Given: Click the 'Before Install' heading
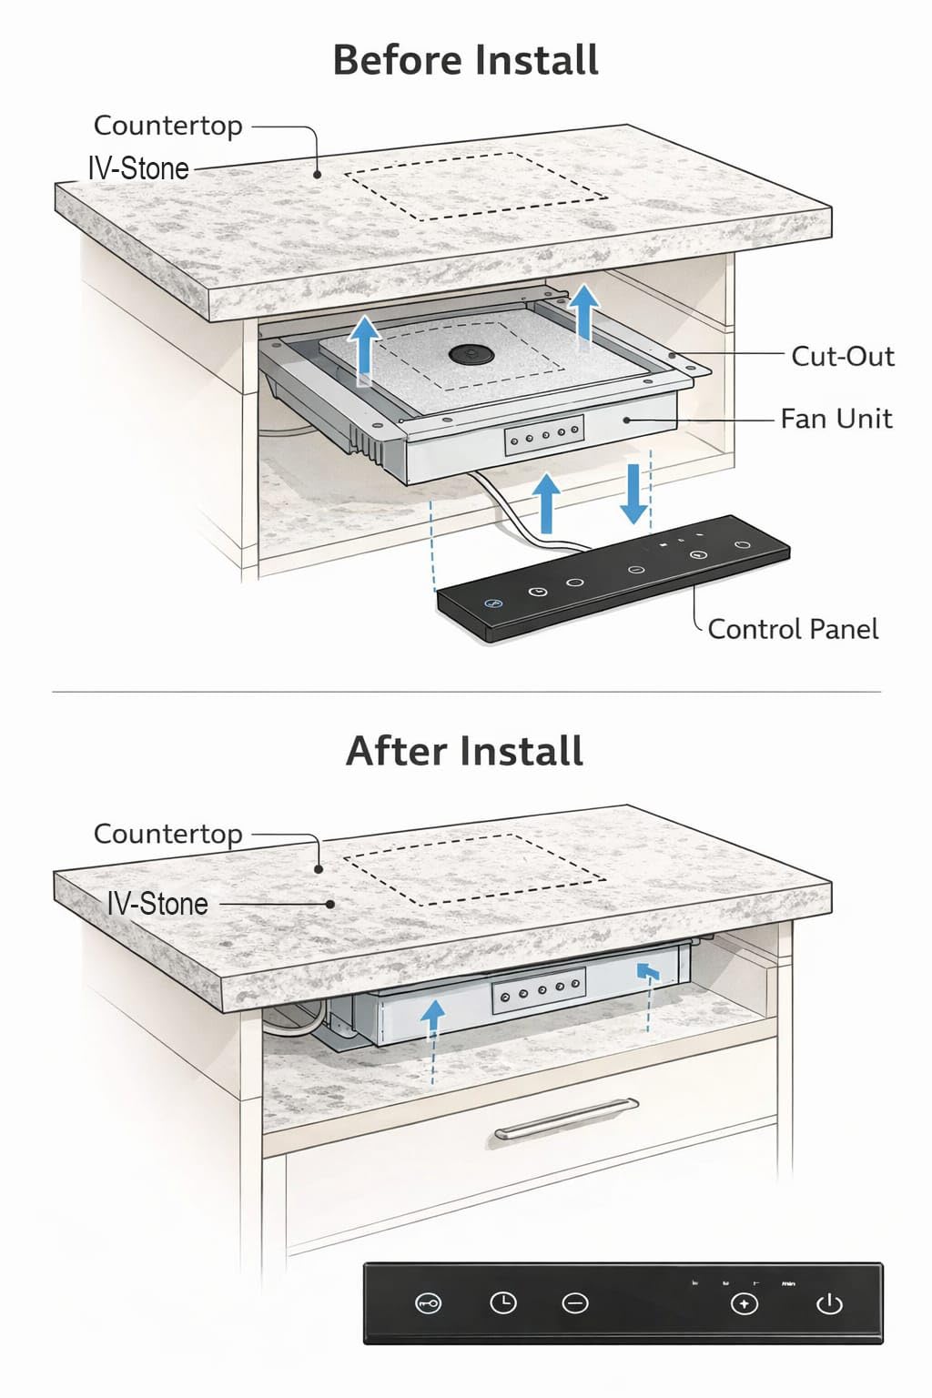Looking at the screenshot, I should point(465,60).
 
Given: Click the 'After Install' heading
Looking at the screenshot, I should point(464,752).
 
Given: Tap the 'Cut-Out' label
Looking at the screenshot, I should point(842,356).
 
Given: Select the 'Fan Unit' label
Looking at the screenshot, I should point(836,419).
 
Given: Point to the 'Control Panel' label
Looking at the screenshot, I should point(793,629).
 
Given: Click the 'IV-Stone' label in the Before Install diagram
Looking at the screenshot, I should point(138,168).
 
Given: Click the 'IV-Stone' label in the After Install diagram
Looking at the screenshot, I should point(157,904).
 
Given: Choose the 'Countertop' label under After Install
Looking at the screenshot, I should point(168,834).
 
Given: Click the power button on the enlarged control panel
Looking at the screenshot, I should point(829,1304).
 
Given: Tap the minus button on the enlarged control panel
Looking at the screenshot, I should point(575,1304).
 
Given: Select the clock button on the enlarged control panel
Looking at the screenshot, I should point(502,1303).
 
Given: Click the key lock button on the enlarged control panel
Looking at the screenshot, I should point(428,1304).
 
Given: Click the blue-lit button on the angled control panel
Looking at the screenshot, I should point(493,603).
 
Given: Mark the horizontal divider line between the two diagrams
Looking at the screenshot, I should point(466,692).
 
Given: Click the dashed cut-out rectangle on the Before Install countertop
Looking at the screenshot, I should point(478,187).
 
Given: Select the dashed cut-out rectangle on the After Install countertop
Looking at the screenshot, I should point(475,869).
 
